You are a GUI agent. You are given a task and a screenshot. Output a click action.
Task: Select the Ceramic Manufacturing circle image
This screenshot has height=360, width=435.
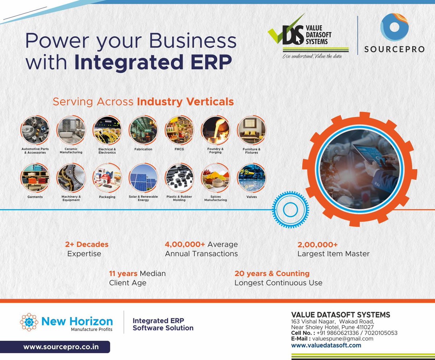pos(71,131)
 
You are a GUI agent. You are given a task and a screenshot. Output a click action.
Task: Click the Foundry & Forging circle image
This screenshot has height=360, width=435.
pos(216,131)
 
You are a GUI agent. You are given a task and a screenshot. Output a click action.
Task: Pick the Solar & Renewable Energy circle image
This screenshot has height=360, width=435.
pos(143,178)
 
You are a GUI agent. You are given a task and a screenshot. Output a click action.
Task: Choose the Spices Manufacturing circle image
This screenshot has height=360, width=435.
pos(216,178)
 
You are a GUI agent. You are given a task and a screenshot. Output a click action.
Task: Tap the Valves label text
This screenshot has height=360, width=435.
pos(251,197)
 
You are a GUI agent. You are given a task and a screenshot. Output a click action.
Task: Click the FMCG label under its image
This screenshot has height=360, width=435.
pos(179,149)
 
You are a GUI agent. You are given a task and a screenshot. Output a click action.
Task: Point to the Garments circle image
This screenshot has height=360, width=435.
pos(35,178)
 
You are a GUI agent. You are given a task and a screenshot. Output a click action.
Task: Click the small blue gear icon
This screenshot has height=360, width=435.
pos(290,210)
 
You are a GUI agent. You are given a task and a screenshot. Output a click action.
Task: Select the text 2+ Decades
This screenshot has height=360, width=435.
pos(87,244)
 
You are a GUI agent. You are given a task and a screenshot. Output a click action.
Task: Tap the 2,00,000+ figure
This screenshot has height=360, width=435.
pos(318,244)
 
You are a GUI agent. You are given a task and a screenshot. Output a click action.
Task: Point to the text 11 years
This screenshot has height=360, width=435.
pos(123,273)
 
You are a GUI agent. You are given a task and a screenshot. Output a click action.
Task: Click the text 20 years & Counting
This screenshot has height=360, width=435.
pos(272,273)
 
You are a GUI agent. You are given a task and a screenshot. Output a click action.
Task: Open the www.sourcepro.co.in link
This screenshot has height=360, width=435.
pos(61,347)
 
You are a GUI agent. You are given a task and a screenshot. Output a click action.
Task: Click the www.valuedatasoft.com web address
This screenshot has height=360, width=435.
pos(326,345)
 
